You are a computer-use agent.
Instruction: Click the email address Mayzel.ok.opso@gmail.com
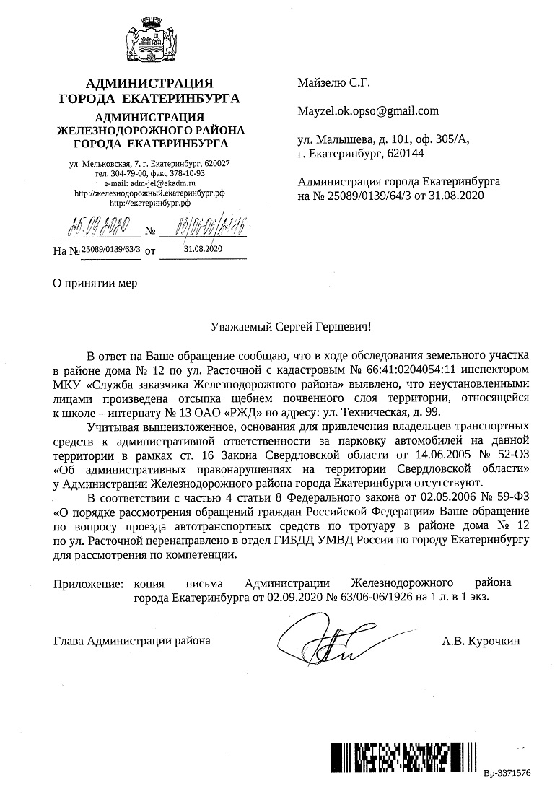tap(368, 111)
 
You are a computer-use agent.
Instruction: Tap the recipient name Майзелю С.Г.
tap(333, 84)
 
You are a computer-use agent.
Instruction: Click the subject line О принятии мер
tap(95, 283)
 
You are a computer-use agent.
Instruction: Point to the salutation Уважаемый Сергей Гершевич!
tap(286, 327)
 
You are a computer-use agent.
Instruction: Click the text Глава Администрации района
tap(133, 640)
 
